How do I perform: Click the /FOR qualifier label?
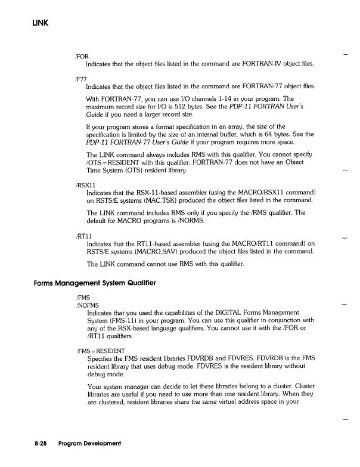(81, 56)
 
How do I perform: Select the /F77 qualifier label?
(80, 79)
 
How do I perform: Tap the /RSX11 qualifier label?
(85, 169)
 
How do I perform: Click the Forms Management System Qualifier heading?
(94, 283)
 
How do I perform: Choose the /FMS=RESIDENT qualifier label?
(100, 350)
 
